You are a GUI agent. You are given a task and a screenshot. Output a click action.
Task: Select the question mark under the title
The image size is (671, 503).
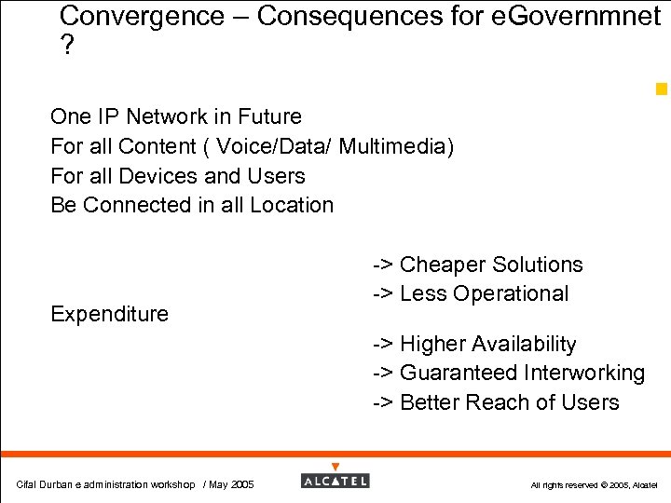click(x=66, y=47)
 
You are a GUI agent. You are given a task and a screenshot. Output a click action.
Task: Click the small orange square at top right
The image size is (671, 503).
click(x=661, y=89)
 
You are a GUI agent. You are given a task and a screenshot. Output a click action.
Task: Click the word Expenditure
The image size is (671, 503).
click(x=110, y=314)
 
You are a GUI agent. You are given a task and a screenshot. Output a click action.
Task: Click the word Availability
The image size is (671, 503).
click(x=524, y=344)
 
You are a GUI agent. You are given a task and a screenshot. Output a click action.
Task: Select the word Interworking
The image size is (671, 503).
click(x=584, y=373)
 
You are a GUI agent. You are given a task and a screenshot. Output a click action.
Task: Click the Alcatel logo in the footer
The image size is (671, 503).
click(x=335, y=481)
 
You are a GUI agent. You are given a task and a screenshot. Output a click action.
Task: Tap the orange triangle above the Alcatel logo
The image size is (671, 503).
click(x=335, y=466)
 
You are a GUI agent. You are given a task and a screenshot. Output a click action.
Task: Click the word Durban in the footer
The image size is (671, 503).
click(x=56, y=484)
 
